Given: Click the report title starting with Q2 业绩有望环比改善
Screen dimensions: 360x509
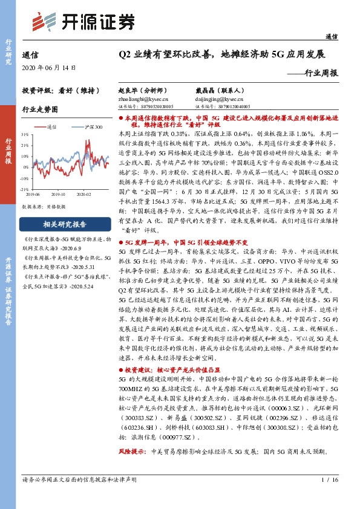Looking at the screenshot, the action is point(222,54).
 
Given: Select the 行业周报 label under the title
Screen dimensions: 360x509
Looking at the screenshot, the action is point(320,73).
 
